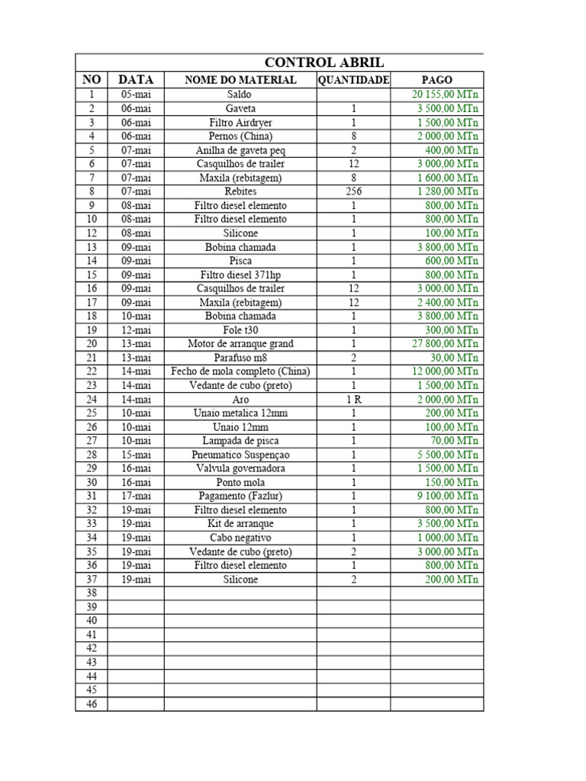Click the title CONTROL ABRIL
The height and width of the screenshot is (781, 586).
tap(324, 63)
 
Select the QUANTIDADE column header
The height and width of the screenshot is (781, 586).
tap(353, 80)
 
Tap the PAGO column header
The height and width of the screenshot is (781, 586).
tap(436, 80)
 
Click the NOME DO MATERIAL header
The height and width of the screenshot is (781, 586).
tap(240, 80)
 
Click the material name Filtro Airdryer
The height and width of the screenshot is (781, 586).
tap(240, 123)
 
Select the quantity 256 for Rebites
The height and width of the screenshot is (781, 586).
tap(353, 191)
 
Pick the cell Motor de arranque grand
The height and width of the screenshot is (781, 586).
tap(240, 344)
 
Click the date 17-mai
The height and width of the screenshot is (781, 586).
tap(136, 497)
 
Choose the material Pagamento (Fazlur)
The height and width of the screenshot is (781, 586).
tap(240, 497)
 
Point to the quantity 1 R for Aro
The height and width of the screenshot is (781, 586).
tap(353, 400)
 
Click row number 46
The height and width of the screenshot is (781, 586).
tap(92, 704)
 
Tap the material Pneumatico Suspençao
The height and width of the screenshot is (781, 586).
tap(240, 455)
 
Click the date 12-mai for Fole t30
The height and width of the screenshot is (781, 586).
tap(136, 330)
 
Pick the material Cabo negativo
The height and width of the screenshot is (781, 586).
tap(240, 538)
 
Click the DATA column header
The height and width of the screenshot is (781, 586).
tap(136, 80)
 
